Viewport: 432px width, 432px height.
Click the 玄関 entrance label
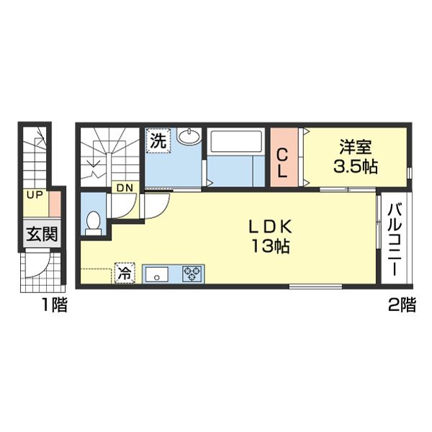click(42, 234)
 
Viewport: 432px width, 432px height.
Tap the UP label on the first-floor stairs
click(35, 195)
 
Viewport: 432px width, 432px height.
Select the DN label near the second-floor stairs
click(125, 188)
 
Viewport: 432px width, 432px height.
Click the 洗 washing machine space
click(158, 141)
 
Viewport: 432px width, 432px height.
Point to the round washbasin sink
click(189, 136)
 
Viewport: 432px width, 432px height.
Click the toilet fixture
click(93, 223)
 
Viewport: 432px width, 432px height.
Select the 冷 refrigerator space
click(125, 273)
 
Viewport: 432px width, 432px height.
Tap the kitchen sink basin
click(157, 274)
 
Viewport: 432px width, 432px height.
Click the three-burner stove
click(192, 274)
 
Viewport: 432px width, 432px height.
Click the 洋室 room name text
click(356, 147)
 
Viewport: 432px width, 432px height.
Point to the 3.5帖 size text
click(356, 166)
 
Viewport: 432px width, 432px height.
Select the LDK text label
click(270, 228)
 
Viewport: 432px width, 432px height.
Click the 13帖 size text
click(270, 246)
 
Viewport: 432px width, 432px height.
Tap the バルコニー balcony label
click(395, 239)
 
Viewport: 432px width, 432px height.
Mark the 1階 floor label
click(55, 305)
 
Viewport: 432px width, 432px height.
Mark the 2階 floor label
click(402, 305)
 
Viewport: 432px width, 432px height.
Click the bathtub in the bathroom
click(236, 141)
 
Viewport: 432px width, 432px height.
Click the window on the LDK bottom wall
click(316, 287)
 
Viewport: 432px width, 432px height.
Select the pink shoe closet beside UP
click(55, 204)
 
